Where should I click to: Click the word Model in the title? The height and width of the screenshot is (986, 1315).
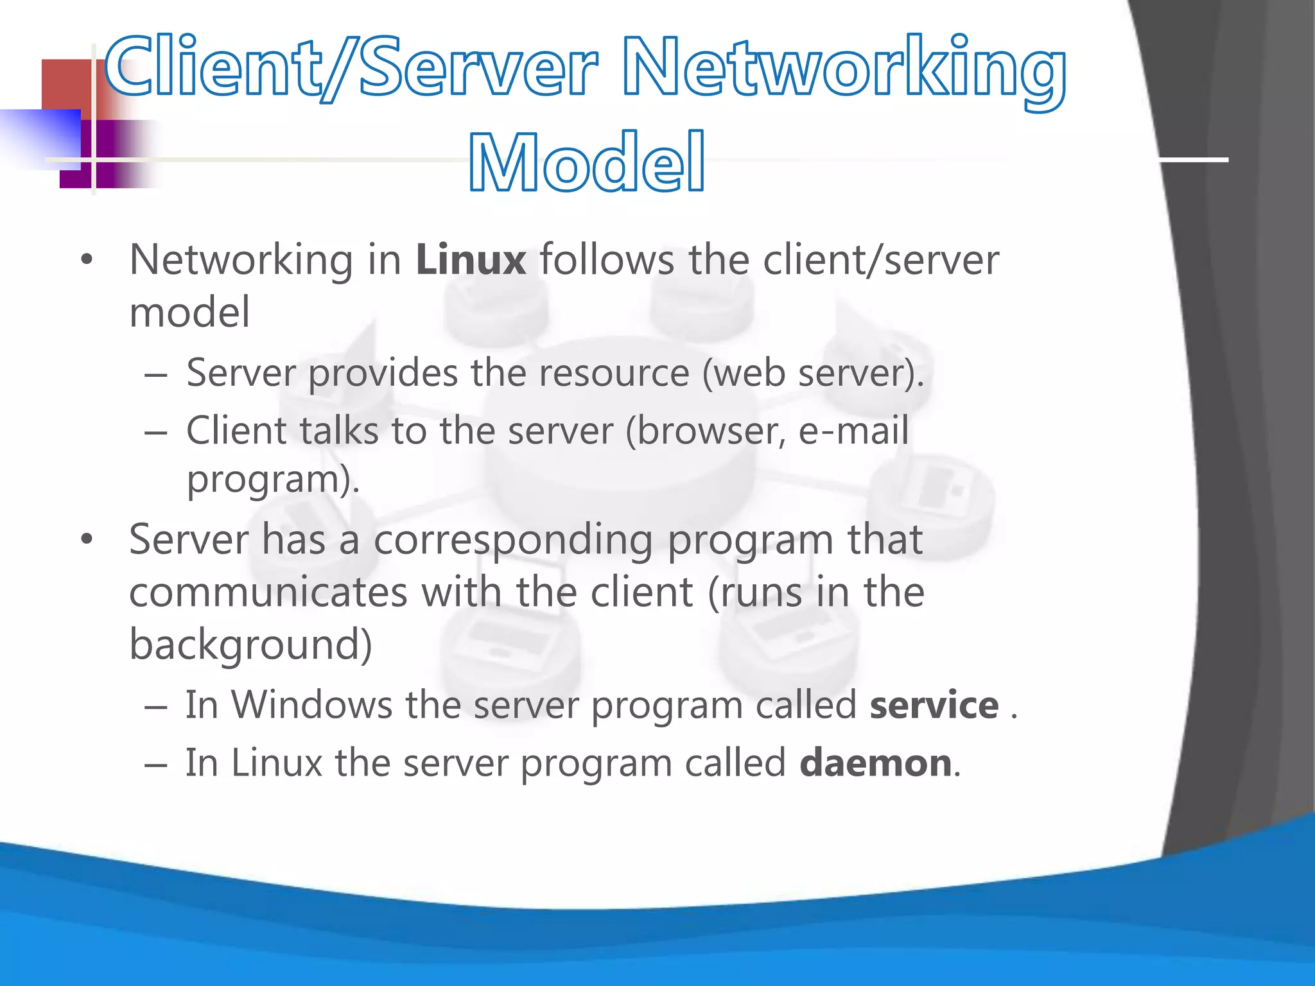[587, 162]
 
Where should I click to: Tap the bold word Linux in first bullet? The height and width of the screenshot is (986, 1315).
[471, 260]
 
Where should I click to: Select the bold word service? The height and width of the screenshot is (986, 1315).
[934, 705]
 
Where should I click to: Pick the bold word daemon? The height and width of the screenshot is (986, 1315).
[876, 763]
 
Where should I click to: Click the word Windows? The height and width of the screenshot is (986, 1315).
[312, 705]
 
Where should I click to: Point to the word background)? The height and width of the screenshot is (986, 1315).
[250, 644]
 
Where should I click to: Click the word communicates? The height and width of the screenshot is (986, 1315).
[268, 591]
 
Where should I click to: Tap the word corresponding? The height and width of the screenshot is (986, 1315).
[514, 539]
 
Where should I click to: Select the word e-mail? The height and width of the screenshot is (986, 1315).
[853, 429]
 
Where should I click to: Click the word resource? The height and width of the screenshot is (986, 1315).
[614, 372]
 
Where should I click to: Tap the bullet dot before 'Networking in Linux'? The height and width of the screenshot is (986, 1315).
[87, 260]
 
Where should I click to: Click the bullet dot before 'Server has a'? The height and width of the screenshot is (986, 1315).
[87, 539]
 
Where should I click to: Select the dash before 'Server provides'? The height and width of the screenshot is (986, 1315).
[155, 374]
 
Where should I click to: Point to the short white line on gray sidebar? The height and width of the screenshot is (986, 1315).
[1193, 159]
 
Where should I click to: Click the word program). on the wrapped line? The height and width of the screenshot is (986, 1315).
[273, 479]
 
